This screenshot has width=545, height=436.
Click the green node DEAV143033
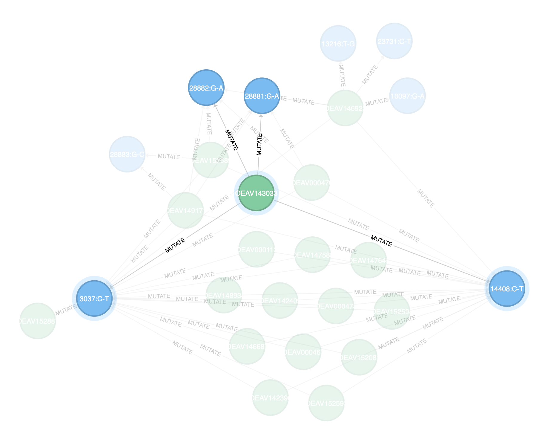coord(256,193)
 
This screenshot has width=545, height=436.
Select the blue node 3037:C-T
coord(94,299)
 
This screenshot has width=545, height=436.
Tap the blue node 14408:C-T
coord(507,289)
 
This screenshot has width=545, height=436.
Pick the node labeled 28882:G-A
coord(206,88)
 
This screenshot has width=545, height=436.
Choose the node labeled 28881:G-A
coord(262,96)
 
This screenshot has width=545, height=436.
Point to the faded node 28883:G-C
coord(127,154)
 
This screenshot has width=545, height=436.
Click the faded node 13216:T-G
coord(338,44)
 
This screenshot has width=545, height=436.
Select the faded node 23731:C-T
coord(394,41)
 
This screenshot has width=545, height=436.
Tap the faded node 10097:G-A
coord(407,96)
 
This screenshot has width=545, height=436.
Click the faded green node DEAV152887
coord(38,321)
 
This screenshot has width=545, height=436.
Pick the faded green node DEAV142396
coord(270,398)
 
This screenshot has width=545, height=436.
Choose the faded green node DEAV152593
coord(326,403)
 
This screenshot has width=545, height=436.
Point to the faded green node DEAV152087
coord(359,357)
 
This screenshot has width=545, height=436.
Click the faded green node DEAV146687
coord(247,346)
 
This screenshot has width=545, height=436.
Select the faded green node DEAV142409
coord(280,301)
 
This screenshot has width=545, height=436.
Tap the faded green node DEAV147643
coord(369,260)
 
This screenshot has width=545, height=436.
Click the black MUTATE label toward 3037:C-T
coord(175,245)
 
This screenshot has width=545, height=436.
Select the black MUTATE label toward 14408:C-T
coord(381,241)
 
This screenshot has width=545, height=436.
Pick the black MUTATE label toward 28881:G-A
coord(259,144)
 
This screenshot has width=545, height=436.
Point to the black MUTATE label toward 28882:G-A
coord(232,140)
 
